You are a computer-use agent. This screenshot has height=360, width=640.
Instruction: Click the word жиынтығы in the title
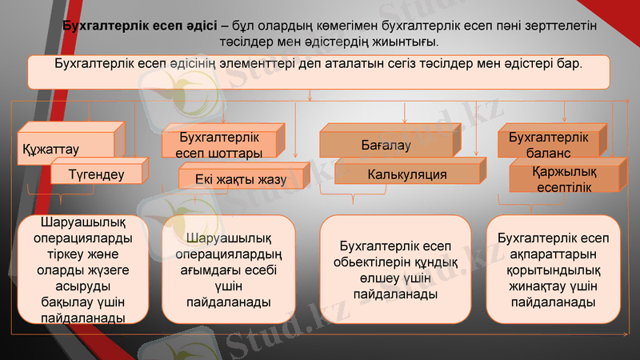tap(403, 41)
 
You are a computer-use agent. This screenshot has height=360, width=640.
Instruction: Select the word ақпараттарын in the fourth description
tap(553, 254)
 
